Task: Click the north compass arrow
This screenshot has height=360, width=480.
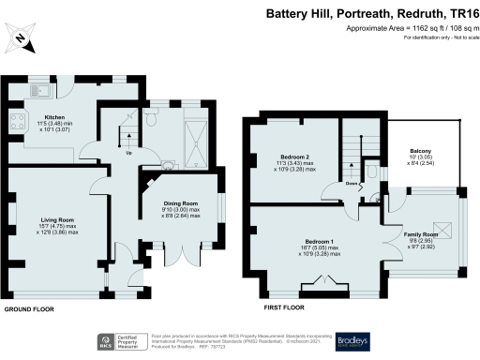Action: (x=22, y=39)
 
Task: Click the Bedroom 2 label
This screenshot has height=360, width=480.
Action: (x=292, y=157)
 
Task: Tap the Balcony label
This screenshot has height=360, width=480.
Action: (x=419, y=151)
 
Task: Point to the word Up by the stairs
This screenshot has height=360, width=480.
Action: (x=128, y=154)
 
